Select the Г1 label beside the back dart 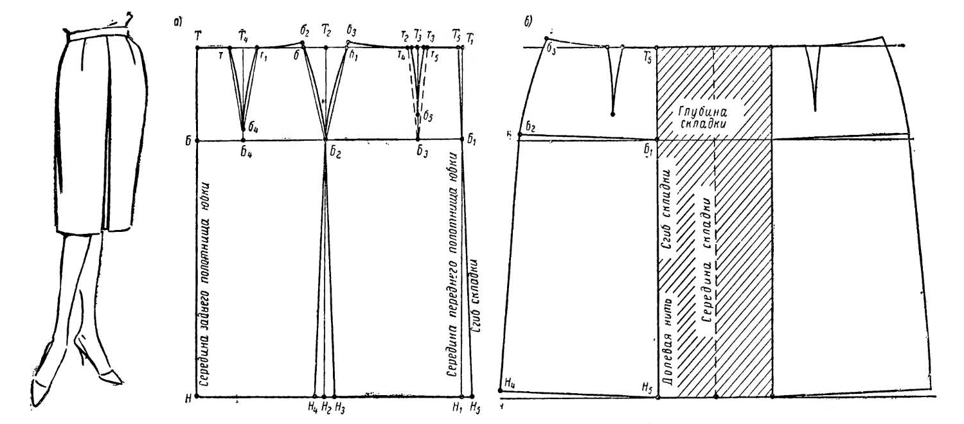(263, 55)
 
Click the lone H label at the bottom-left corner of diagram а (188, 398)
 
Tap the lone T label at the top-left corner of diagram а (197, 36)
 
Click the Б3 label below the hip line (421, 152)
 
